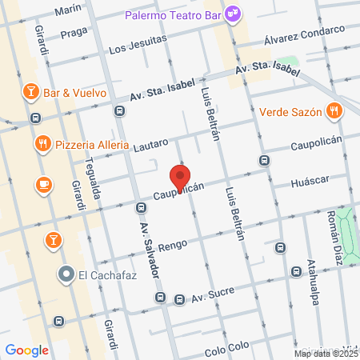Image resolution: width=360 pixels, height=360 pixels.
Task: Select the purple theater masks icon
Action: [x=233, y=13]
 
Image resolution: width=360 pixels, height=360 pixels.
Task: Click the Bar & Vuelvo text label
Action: [x=75, y=92]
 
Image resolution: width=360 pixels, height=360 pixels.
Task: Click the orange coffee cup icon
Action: [x=44, y=185]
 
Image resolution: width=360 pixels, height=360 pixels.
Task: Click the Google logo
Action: [x=27, y=350]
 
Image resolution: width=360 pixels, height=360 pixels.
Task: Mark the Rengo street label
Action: [x=171, y=246]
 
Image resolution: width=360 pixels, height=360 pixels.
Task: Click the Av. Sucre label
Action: [x=213, y=294]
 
